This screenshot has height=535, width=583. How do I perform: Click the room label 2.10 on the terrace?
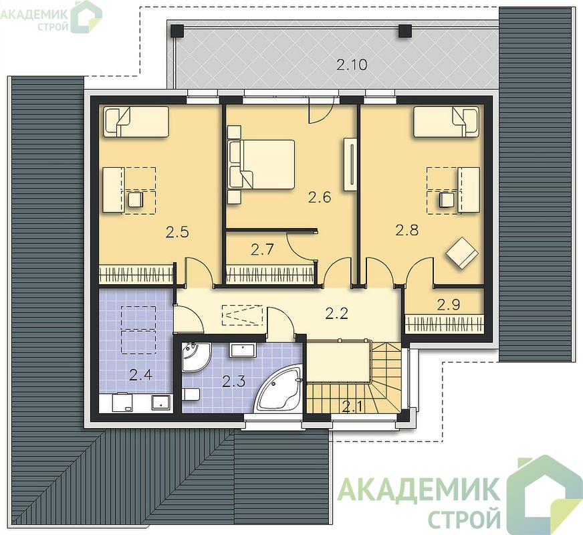352,65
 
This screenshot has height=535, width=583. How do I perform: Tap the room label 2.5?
177,232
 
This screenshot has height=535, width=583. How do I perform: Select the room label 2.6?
320,197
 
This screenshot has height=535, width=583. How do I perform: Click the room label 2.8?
406,231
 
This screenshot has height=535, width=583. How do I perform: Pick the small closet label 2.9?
449,305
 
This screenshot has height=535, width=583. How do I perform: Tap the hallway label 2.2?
336,314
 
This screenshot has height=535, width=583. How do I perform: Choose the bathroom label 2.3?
233,381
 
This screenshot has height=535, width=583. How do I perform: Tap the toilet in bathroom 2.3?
191,394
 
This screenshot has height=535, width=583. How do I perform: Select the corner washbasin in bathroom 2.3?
195,356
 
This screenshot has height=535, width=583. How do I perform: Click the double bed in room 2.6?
261,165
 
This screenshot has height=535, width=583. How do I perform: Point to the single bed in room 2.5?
136,122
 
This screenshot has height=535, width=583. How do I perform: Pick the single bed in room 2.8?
446,122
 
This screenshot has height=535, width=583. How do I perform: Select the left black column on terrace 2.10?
177,31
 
